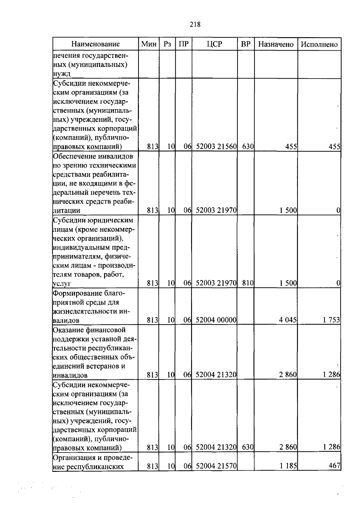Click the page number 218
pos(195,24)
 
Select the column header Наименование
pos(95,44)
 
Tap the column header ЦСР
pos(214,44)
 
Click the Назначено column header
pos(276,44)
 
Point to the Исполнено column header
pos(319,44)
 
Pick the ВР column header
pos(246,44)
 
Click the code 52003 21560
pos(216,147)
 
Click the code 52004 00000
pos(216,320)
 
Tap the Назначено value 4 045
pos(288,320)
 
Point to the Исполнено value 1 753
pos(331,320)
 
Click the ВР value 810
pos(248,283)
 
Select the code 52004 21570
pos(216,466)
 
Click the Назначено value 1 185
pos(288,466)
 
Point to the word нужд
pos(62,74)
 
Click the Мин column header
pos(149,44)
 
